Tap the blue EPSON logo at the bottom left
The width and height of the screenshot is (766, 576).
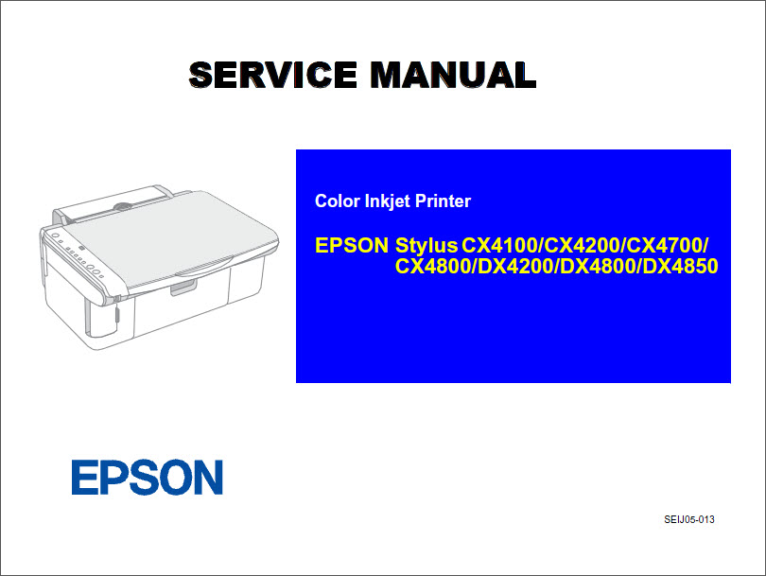(148, 478)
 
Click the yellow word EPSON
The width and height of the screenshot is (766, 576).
(352, 246)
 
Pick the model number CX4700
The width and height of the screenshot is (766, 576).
(666, 246)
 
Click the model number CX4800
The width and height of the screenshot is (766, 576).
(434, 267)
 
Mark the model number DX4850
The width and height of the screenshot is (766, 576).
(678, 267)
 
